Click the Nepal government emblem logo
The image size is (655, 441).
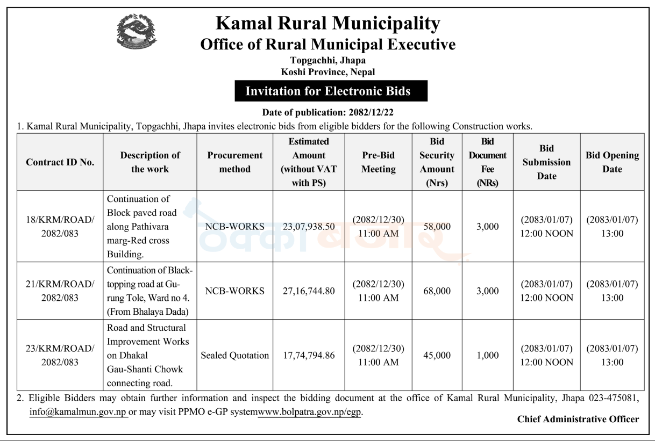(x=137, y=31)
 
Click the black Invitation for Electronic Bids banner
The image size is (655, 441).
(x=331, y=91)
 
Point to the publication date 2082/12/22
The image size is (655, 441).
(x=371, y=112)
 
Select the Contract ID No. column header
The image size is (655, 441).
(x=60, y=162)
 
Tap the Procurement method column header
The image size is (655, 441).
(x=235, y=162)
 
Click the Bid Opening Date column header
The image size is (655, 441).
(x=612, y=162)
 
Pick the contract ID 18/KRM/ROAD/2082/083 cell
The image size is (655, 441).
(x=60, y=227)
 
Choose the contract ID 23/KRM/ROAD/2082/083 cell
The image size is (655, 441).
(x=60, y=355)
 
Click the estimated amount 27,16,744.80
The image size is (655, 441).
(x=309, y=291)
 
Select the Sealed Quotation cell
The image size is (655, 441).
(x=235, y=355)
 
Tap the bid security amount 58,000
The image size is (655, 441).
(x=437, y=227)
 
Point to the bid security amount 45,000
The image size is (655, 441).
(x=437, y=355)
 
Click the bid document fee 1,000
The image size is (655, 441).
(x=487, y=355)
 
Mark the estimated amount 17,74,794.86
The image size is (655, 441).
(x=309, y=355)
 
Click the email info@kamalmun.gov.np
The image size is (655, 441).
(x=78, y=412)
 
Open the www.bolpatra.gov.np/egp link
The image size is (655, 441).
(x=310, y=412)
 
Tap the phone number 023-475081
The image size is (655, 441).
(x=614, y=398)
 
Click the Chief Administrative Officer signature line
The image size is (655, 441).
(x=578, y=419)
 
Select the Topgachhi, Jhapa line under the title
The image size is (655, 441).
(x=328, y=60)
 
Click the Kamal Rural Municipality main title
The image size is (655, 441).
(x=328, y=23)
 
